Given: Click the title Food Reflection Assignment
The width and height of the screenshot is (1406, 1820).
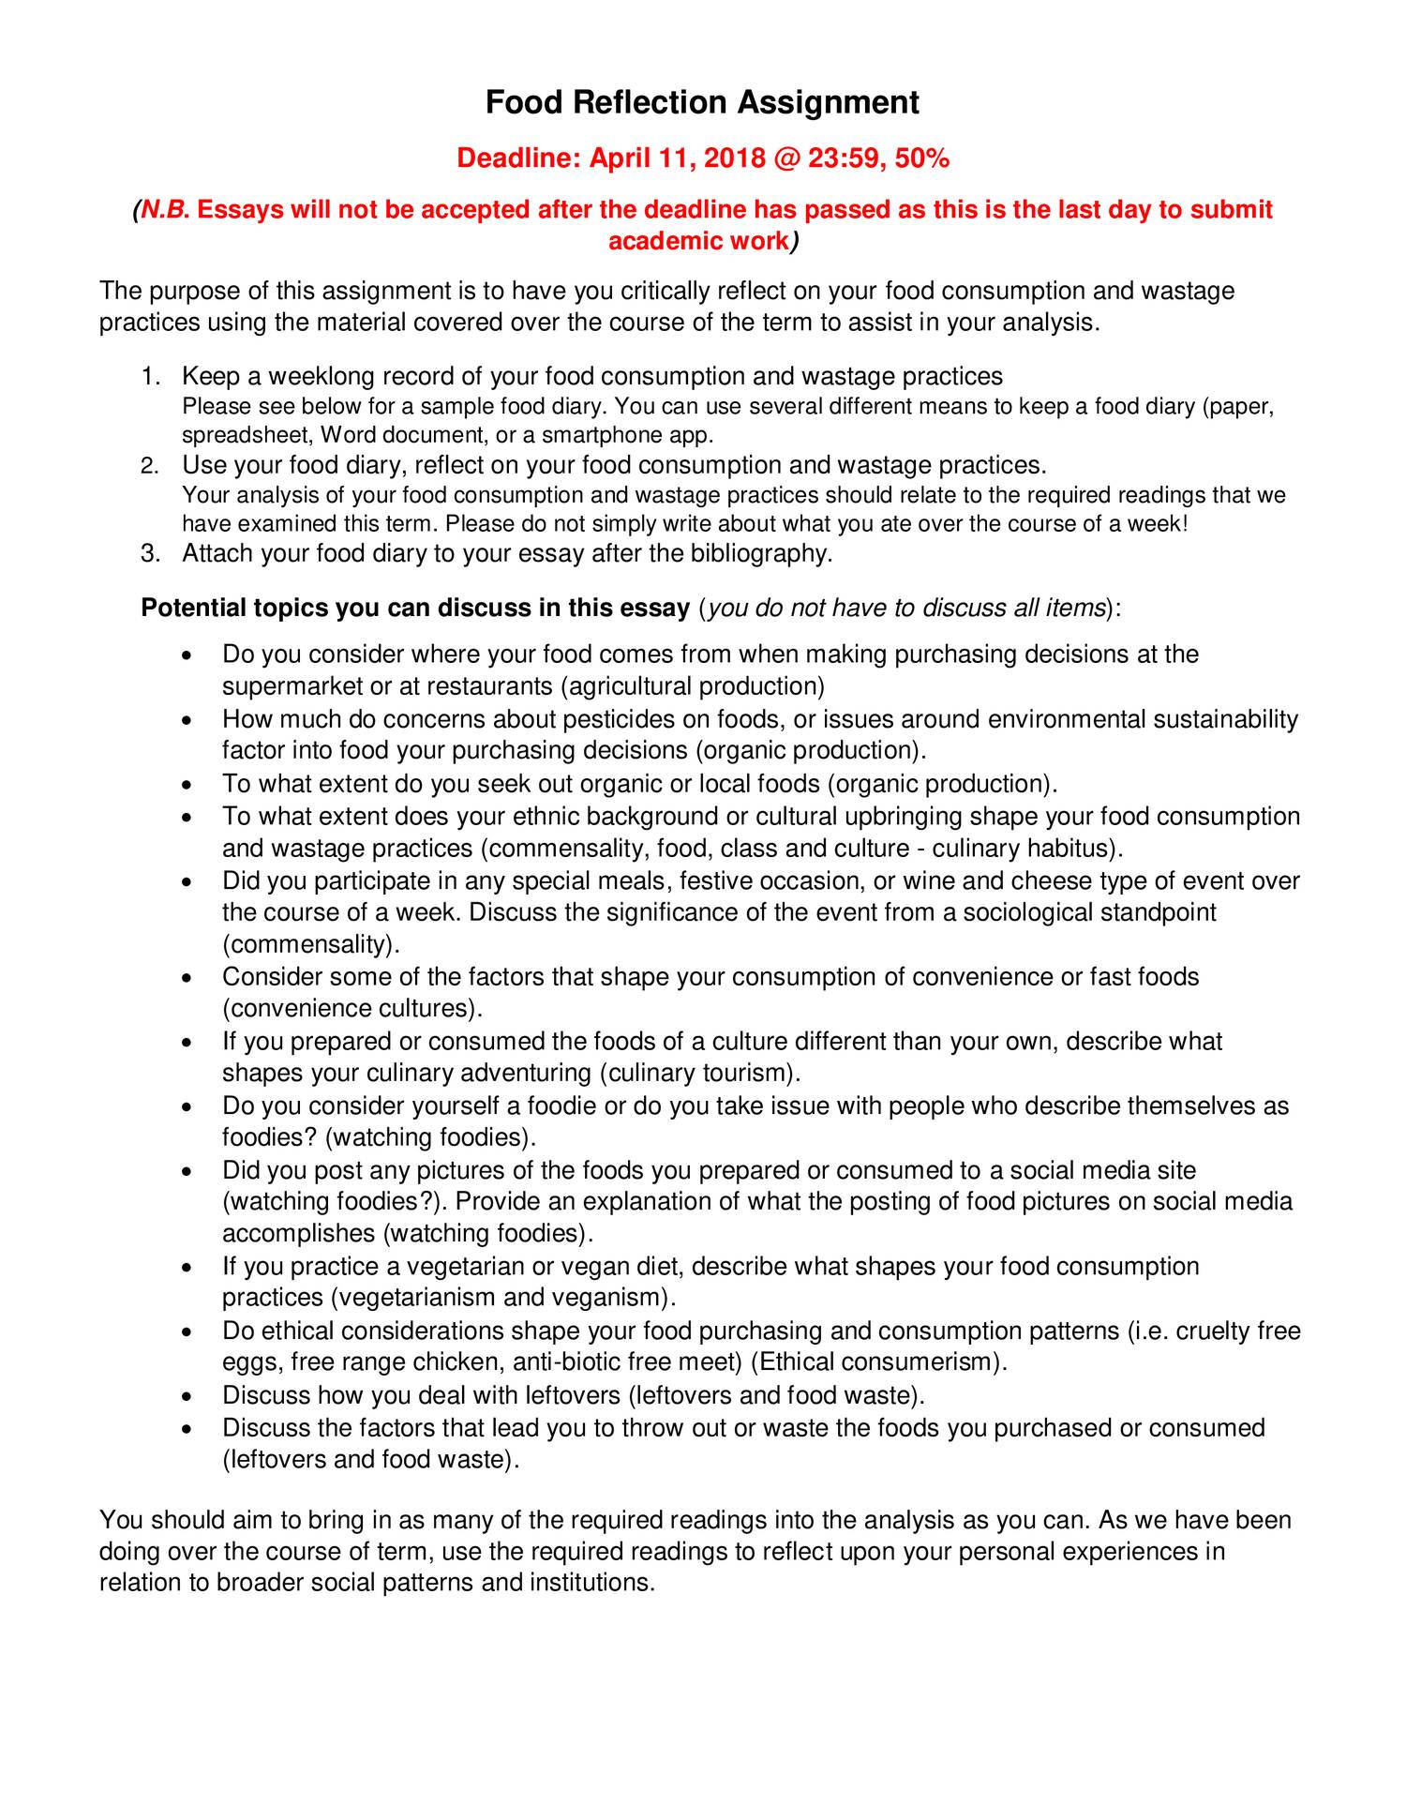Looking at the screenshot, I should click(x=702, y=102).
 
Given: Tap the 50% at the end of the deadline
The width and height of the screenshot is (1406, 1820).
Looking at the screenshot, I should click(x=921, y=158).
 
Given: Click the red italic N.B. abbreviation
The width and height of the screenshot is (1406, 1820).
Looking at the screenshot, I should click(x=164, y=209).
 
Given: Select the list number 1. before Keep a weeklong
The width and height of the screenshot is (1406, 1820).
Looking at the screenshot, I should click(x=150, y=377).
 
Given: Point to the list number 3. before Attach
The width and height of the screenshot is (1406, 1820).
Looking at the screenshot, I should click(x=150, y=554).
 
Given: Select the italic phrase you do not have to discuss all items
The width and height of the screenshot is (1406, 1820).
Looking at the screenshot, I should click(x=906, y=609).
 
